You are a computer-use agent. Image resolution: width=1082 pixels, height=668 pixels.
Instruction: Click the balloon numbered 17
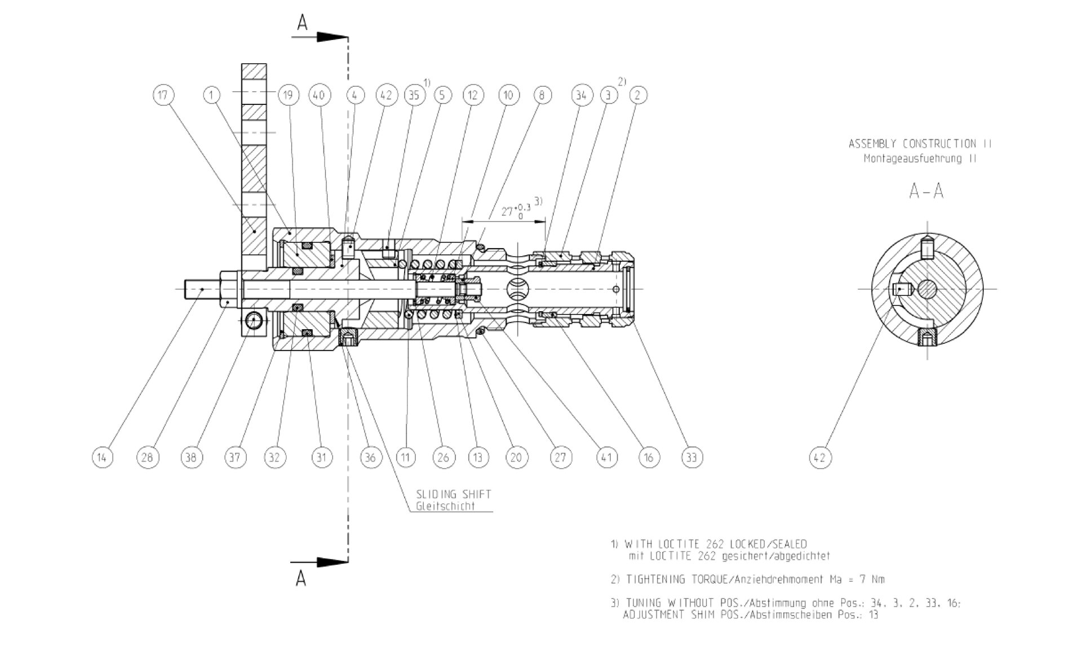pos(163,95)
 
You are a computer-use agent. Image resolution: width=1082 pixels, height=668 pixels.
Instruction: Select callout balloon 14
pos(102,457)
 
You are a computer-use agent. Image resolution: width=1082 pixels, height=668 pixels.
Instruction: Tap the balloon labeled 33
pos(691,457)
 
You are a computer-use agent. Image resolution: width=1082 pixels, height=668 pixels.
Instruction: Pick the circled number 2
pos(637,95)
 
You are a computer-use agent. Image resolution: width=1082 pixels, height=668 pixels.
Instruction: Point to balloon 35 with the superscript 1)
pos(414,95)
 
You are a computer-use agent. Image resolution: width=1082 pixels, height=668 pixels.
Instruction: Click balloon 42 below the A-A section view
pos(819,457)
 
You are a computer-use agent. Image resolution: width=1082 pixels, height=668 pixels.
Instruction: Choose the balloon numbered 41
pos(606,457)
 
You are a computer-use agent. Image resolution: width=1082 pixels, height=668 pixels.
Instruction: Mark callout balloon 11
pos(405,457)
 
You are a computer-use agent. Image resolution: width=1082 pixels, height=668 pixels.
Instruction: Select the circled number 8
pos(542,95)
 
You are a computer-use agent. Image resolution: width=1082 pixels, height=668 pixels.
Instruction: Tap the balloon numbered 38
pos(191,457)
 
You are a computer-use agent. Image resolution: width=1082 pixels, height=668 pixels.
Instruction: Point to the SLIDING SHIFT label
pos(453,494)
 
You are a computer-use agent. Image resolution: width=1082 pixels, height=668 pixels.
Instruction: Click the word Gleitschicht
pos(445,506)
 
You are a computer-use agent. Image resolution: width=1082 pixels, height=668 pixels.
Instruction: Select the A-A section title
pos(926,192)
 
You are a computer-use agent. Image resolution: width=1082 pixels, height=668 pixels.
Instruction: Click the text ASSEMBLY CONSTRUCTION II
pos(920,144)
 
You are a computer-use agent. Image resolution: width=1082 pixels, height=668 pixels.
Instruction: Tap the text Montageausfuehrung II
pos(920,159)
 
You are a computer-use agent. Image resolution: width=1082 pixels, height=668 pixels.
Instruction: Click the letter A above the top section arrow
pos(303,23)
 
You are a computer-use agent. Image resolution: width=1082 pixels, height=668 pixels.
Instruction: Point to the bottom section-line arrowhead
pos(332,562)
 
